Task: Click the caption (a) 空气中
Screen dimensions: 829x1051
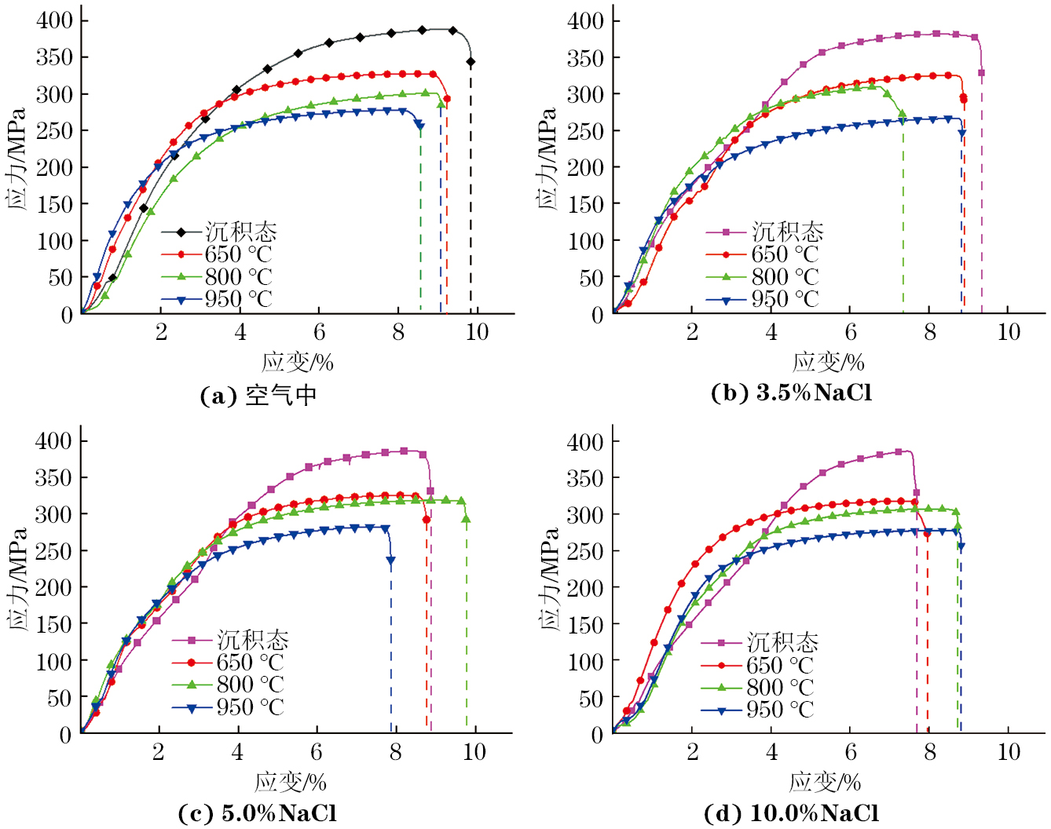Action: pos(258,395)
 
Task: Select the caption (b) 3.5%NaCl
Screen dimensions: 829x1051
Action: pos(791,393)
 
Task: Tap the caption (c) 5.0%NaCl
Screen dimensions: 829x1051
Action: pos(258,813)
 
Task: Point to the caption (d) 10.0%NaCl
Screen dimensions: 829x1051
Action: pos(791,813)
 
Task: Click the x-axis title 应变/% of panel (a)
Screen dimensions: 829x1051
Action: pos(298,362)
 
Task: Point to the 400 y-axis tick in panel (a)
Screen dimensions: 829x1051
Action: pos(55,20)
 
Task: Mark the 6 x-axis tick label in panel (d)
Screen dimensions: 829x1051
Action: pos(850,752)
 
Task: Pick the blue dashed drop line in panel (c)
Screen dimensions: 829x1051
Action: pos(391,652)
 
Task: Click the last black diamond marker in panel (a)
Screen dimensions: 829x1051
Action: pos(471,62)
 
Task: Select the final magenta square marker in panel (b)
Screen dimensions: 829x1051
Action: pos(981,73)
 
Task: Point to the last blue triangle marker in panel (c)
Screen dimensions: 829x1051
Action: pos(390,561)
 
